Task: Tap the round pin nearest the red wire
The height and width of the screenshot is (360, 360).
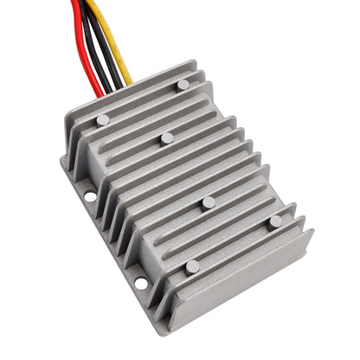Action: [103, 120]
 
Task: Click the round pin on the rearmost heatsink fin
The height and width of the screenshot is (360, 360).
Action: [183, 84]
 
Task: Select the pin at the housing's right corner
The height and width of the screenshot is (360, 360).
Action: [275, 222]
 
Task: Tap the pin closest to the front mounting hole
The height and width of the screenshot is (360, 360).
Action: [192, 267]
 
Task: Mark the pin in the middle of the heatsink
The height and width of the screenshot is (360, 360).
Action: [167, 138]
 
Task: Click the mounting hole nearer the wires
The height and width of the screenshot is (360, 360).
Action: [90, 196]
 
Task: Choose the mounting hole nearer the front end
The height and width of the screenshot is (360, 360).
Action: [140, 283]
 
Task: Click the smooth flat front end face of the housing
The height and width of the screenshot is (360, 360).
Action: [242, 277]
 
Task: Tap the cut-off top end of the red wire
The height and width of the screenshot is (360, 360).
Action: [75, 3]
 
